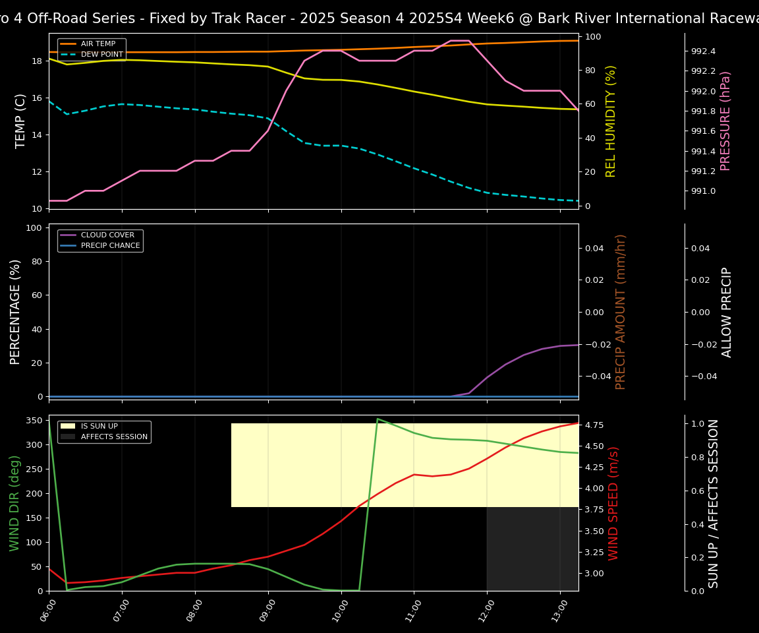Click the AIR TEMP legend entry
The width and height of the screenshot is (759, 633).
point(98,44)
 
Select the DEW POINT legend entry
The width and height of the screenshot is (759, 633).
point(101,54)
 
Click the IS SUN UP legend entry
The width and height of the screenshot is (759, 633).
point(99,427)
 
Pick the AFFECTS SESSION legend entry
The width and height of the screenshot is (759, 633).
point(114,437)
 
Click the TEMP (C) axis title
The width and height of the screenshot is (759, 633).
point(20,121)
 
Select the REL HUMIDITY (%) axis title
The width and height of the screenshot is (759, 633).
point(611,121)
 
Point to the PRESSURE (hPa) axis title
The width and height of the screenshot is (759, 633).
point(725,121)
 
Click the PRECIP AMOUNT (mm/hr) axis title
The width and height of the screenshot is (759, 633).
point(621,311)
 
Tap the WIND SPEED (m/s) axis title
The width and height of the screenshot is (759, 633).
point(613,502)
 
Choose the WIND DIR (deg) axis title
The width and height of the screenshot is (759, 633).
point(14,502)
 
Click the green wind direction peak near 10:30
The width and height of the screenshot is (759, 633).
point(378,419)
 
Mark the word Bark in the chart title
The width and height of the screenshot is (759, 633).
point(553,18)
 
